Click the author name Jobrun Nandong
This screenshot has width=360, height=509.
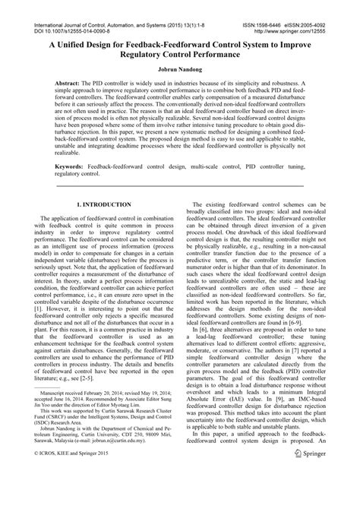point(180,69)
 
